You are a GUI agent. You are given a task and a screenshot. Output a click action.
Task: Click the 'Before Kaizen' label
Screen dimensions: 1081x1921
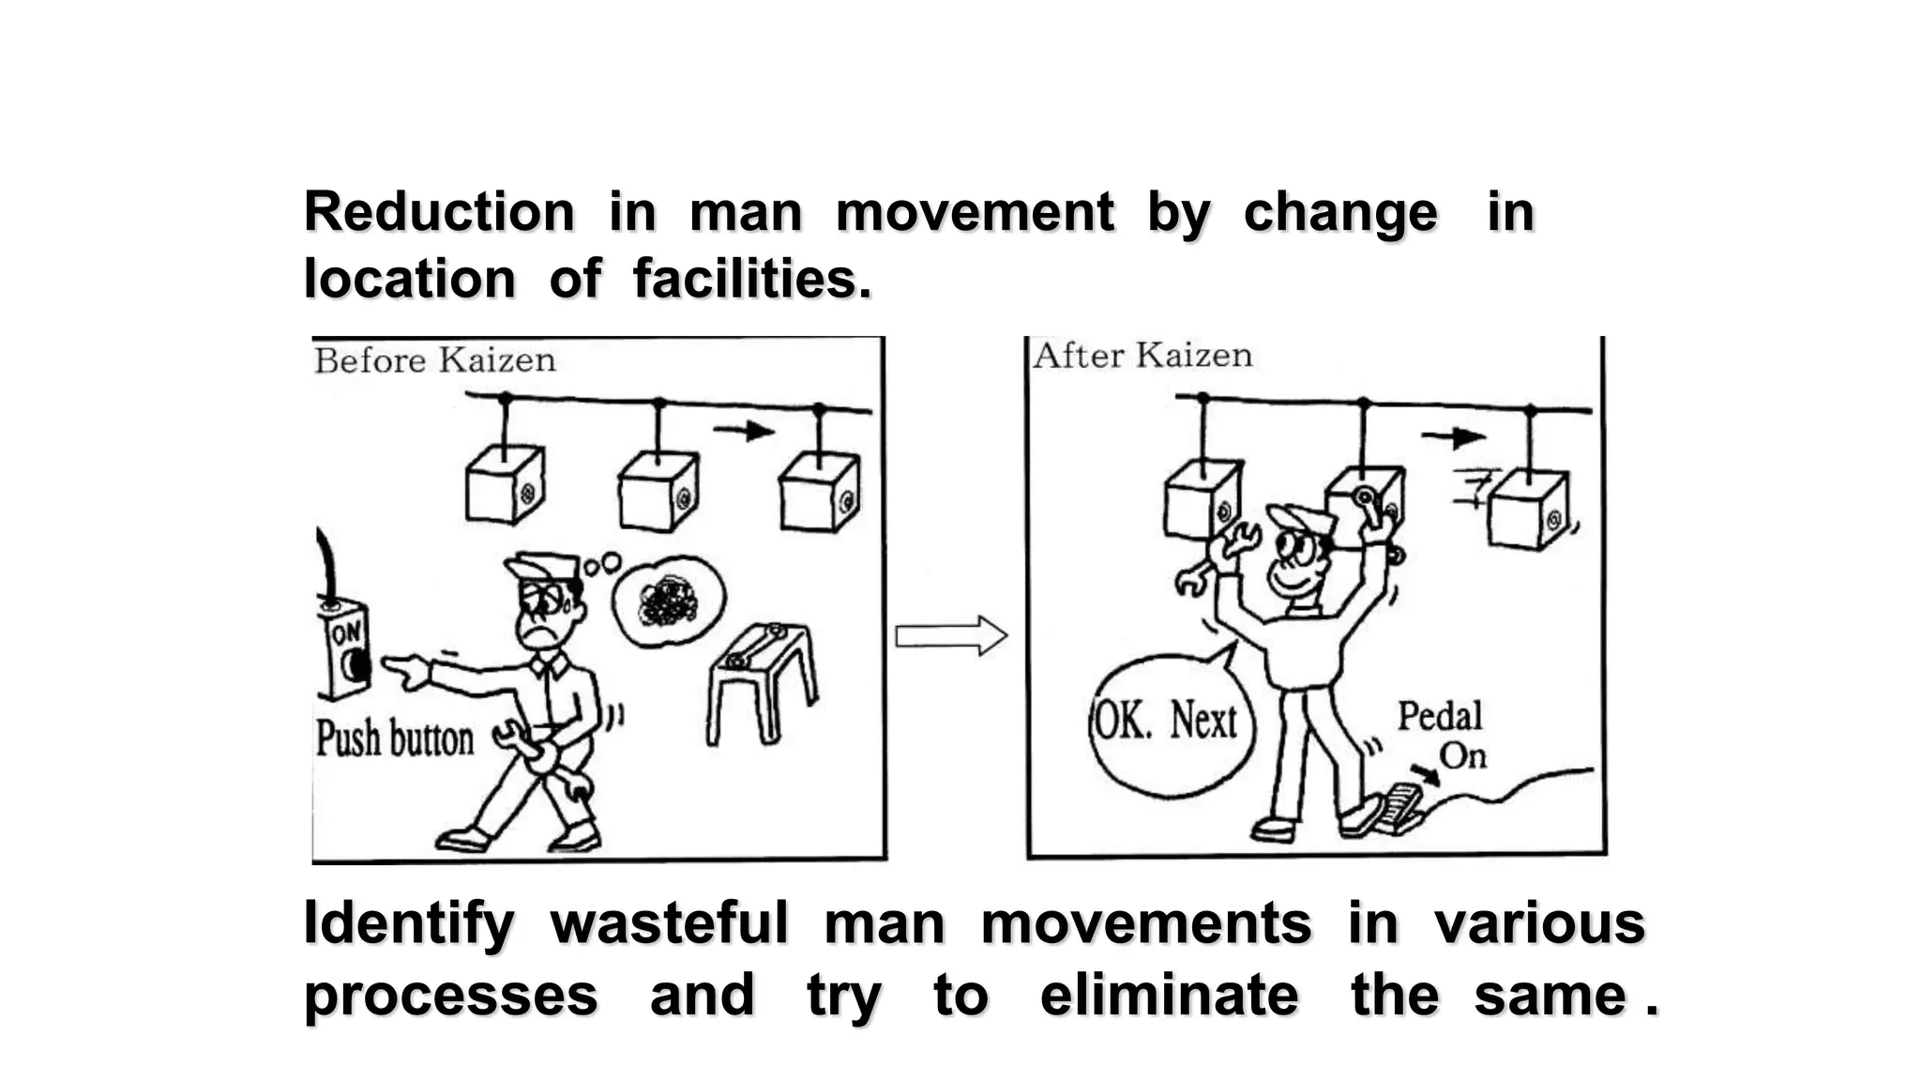point(434,360)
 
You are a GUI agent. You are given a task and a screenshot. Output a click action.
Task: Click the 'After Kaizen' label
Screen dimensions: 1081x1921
point(1142,356)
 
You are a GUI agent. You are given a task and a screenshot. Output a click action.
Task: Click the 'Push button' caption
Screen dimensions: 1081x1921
point(395,738)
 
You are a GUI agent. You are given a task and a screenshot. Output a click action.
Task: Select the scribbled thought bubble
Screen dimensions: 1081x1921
point(668,601)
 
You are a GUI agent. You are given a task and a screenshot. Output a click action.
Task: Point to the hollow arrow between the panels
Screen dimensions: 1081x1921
point(950,636)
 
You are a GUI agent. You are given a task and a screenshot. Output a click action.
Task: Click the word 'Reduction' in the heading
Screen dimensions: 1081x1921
point(439,212)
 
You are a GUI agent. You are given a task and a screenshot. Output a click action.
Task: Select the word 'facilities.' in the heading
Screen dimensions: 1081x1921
point(751,280)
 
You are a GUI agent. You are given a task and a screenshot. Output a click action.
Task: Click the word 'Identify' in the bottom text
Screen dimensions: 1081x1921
point(409,923)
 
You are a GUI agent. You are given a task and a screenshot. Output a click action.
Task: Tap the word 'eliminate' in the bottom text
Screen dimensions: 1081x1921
point(1169,996)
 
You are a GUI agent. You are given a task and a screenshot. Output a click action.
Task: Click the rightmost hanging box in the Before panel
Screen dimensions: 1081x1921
point(819,493)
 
